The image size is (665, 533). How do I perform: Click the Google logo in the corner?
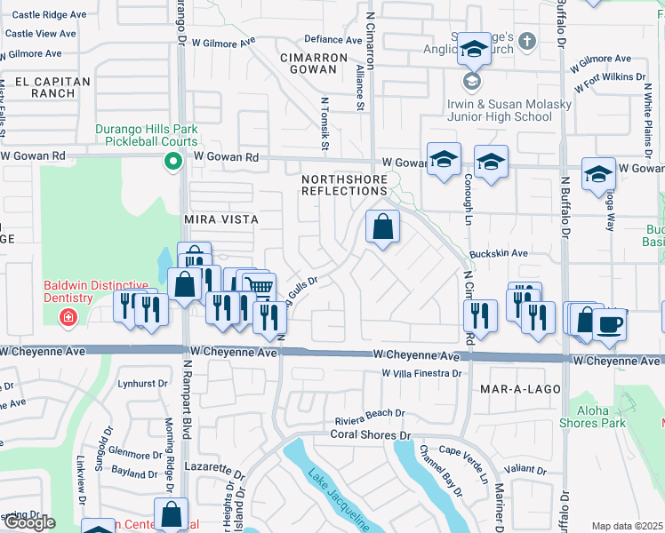click(x=28, y=522)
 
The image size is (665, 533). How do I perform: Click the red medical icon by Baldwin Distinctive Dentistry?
click(x=68, y=317)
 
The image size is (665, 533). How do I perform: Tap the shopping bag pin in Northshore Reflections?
click(x=381, y=227)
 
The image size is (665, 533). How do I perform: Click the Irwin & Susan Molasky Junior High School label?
click(x=509, y=110)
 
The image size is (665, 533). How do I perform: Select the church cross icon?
click(x=526, y=42)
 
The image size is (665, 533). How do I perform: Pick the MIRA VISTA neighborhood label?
click(x=220, y=219)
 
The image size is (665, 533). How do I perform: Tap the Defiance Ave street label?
click(x=333, y=39)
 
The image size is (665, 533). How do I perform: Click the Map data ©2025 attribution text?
click(x=627, y=526)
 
